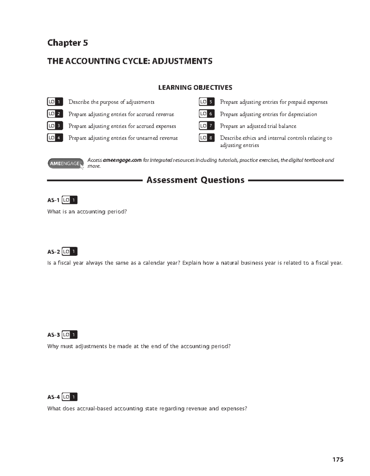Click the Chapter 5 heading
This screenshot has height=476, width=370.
[68, 43]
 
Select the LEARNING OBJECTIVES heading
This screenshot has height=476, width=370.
[195, 88]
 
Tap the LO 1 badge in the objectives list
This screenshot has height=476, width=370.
[55, 102]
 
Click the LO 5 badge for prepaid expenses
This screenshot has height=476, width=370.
[207, 102]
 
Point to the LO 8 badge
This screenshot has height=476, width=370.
[207, 138]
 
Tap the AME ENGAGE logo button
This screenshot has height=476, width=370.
[65, 163]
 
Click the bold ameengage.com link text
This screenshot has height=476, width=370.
[122, 160]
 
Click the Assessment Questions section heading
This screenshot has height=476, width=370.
[195, 180]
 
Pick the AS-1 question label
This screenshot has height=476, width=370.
[53, 200]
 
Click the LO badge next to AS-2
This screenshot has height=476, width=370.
[69, 252]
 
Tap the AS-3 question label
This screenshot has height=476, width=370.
[53, 335]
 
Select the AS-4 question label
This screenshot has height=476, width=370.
[53, 397]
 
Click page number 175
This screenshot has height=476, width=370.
[338, 460]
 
